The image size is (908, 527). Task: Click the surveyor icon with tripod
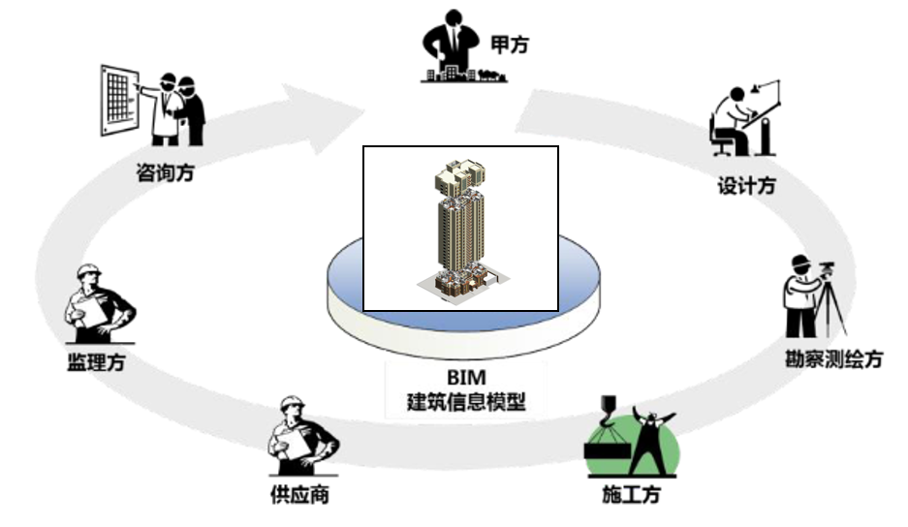[814, 295]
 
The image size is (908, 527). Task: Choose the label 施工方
[630, 495]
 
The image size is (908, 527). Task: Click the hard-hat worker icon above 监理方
[96, 305]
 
